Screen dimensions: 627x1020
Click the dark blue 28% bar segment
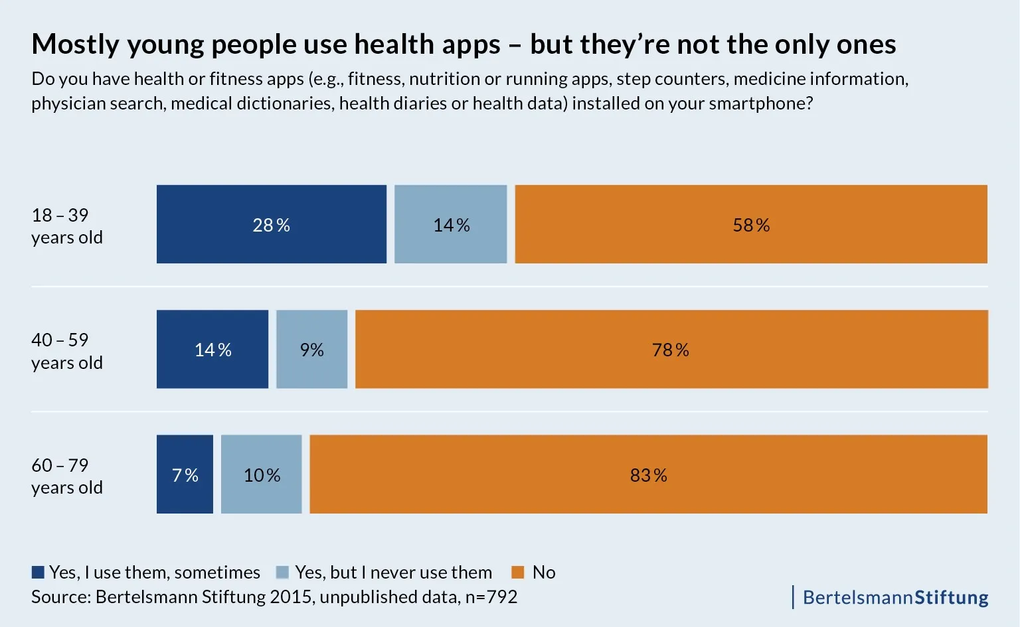click(x=271, y=224)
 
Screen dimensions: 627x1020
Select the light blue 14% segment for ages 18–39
click(x=450, y=224)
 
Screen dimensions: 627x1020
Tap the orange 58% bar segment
click(x=750, y=224)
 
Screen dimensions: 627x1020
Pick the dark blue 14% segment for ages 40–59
click(x=212, y=349)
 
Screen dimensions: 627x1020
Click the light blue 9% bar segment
click(x=311, y=349)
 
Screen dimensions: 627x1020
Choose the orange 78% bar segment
click(x=671, y=349)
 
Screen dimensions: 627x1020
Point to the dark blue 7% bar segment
click(x=185, y=474)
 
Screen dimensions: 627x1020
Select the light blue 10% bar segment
click(x=261, y=474)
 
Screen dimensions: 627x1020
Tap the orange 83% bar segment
click(x=648, y=474)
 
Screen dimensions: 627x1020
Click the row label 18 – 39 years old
click(x=66, y=226)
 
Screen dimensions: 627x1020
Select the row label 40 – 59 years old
click(x=66, y=351)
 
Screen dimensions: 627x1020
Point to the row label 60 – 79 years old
click(x=66, y=476)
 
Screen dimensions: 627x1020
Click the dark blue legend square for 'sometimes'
click(x=38, y=572)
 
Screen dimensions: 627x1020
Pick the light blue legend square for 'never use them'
click(x=282, y=572)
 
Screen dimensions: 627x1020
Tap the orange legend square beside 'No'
click(x=518, y=572)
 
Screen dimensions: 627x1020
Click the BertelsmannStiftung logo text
click(x=894, y=597)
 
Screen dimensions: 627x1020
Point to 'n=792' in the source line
click(x=491, y=596)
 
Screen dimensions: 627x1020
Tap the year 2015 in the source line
click(x=290, y=596)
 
